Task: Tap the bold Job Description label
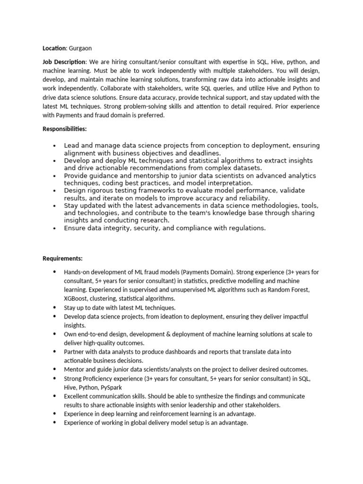pos(64,62)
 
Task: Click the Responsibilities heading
pos(65,129)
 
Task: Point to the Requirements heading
pos(62,258)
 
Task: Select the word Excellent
pos(77,396)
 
